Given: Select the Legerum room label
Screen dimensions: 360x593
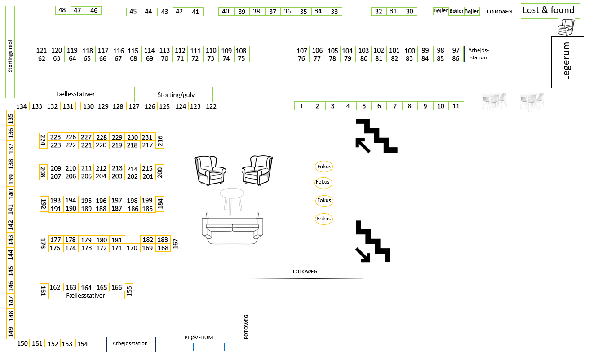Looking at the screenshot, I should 567,61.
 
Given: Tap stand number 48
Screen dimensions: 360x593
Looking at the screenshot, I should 62,10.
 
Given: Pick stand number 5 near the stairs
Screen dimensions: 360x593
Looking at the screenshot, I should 364,106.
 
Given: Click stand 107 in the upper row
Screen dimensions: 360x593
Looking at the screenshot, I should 302,50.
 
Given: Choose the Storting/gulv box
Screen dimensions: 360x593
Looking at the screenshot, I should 176,95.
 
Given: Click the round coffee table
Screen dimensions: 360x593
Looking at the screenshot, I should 232,194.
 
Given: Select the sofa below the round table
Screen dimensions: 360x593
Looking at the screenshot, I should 232,228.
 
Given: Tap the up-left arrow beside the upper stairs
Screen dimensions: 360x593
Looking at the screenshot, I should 363,145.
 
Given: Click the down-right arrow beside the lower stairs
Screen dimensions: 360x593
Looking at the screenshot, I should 363,255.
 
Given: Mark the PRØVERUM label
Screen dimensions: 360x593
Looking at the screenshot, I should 199,338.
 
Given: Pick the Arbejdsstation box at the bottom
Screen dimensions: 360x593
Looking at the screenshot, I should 131,344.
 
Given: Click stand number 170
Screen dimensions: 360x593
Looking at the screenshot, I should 132,248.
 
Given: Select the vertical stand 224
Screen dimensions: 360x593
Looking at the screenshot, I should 44,141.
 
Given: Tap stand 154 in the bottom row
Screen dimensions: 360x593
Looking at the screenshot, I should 83,344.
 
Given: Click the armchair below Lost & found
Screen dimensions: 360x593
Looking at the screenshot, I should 566,27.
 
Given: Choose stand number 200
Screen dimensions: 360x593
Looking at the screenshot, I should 159,172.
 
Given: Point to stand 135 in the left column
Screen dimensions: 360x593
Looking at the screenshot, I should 11,119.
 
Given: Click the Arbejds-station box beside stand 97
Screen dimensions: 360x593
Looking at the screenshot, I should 479,54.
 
